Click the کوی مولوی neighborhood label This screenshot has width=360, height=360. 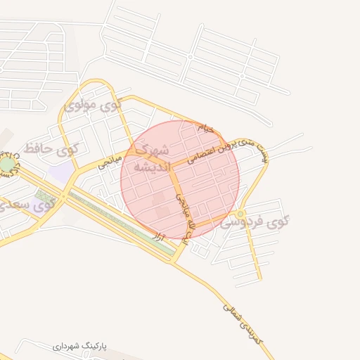(93, 105)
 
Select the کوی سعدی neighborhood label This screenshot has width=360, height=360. (28, 206)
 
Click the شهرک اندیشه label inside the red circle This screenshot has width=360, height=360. (152, 159)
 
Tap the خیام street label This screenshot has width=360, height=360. (205, 129)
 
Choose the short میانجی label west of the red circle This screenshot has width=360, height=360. (110, 161)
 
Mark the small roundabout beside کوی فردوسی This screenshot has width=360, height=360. (241, 213)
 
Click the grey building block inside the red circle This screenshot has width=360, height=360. (161, 210)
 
